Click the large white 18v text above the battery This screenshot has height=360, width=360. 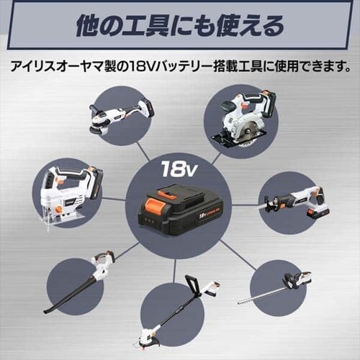point(179,170)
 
